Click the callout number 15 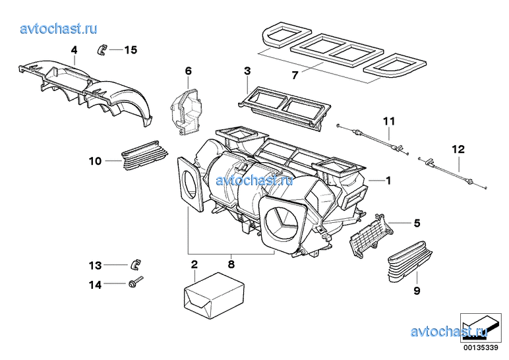[x=131, y=49]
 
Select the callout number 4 [x=74, y=49]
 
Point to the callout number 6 [x=188, y=71]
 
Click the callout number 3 [x=247, y=71]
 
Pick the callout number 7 [x=295, y=76]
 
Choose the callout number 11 [x=389, y=121]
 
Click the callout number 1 [x=389, y=180]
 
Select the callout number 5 [x=416, y=224]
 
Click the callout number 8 [x=231, y=264]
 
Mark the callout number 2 [x=194, y=264]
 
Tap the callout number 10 [x=95, y=160]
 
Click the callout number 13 [x=95, y=266]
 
